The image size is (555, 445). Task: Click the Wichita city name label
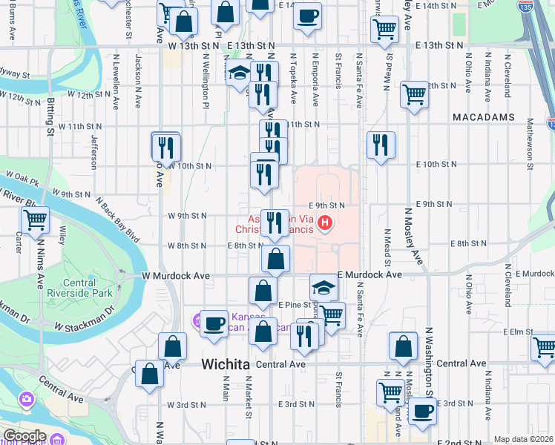click(x=227, y=364)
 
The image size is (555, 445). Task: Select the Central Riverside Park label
click(x=89, y=289)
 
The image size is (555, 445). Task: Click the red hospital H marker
click(x=324, y=222)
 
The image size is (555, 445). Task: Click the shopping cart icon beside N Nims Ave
click(x=35, y=220)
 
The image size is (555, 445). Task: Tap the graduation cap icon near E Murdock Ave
click(x=324, y=286)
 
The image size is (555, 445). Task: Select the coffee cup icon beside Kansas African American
click(x=214, y=323)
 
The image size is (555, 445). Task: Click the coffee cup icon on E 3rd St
click(x=422, y=410)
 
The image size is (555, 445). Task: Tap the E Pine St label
click(x=294, y=304)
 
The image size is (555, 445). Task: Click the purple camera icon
click(x=27, y=400)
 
